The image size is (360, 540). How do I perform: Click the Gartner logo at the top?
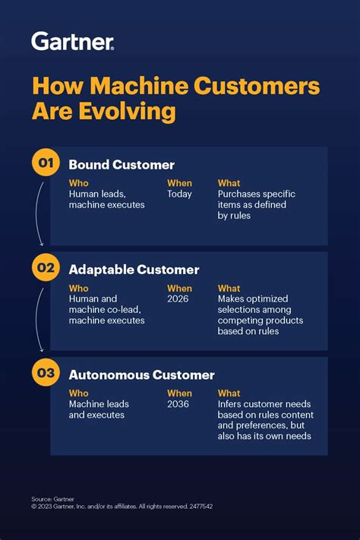tap(73, 41)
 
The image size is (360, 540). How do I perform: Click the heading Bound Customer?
tap(122, 165)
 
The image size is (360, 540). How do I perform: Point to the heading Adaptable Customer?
tap(134, 270)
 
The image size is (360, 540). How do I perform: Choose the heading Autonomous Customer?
tap(141, 374)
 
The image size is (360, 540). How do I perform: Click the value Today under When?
tap(179, 194)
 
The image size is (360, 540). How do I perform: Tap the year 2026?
tap(179, 299)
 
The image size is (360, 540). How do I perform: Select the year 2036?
tap(179, 404)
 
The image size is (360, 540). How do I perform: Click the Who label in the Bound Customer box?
tap(78, 183)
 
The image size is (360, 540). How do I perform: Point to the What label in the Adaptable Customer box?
tap(229, 289)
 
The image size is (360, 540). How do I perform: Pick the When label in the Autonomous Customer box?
tap(179, 393)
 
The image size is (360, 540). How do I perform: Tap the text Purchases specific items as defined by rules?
tap(256, 205)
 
